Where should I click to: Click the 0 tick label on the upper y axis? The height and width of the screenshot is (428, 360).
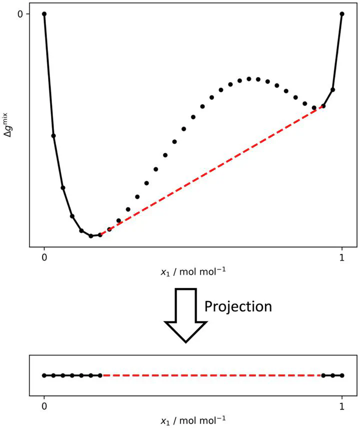click(x=20, y=14)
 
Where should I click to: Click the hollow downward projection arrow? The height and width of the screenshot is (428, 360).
click(x=185, y=315)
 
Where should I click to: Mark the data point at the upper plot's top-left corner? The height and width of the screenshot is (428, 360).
click(x=44, y=14)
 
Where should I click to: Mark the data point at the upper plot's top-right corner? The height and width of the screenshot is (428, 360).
click(x=342, y=14)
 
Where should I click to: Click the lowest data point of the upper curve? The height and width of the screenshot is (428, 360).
click(x=91, y=235)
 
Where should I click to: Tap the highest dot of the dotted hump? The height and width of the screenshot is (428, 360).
click(x=248, y=79)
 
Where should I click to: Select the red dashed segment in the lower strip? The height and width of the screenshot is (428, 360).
click(x=212, y=375)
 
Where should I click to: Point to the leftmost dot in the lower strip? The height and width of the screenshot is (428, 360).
click(x=44, y=375)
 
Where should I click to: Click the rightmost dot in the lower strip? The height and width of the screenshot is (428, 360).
click(x=342, y=375)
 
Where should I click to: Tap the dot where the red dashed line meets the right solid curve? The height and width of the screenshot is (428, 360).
click(x=323, y=106)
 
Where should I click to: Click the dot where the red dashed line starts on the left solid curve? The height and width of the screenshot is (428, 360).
click(x=100, y=234)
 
